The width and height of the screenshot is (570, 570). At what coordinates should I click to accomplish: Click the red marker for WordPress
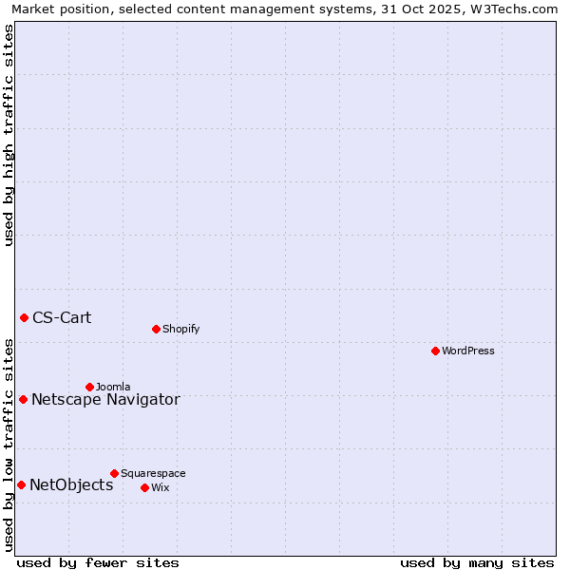point(435,351)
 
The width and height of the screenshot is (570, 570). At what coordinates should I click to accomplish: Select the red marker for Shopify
point(156,329)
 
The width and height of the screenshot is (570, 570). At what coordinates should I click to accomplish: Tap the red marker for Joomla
point(89,387)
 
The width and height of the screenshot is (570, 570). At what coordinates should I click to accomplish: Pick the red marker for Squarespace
point(114,473)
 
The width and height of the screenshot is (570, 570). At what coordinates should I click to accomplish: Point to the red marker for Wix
point(144,487)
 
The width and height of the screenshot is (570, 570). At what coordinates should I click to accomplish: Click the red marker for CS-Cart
point(24,317)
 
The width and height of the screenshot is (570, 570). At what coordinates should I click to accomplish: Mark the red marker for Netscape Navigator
point(23,399)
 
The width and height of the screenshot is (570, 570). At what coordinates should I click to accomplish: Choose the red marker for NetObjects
point(21,484)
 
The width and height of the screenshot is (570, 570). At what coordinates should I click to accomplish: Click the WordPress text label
point(468,351)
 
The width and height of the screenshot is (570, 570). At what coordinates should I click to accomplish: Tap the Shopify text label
point(180,329)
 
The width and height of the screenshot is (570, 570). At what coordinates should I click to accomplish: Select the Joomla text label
point(113,387)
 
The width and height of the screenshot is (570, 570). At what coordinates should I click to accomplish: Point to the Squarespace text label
point(153,473)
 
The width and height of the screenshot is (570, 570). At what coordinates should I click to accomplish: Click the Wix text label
point(161,487)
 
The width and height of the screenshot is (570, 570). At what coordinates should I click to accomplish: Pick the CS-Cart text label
point(62,317)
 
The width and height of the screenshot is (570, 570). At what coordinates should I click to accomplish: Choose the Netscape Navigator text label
point(105,399)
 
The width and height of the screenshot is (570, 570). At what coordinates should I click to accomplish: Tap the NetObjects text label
point(71,484)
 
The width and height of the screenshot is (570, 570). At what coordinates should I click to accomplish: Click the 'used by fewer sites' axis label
point(98,562)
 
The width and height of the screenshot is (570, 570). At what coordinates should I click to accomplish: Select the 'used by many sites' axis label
point(477,562)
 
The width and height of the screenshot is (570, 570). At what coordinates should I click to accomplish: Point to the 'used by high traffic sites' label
point(9,135)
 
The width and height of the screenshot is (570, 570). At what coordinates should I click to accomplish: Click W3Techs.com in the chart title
point(517,9)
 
